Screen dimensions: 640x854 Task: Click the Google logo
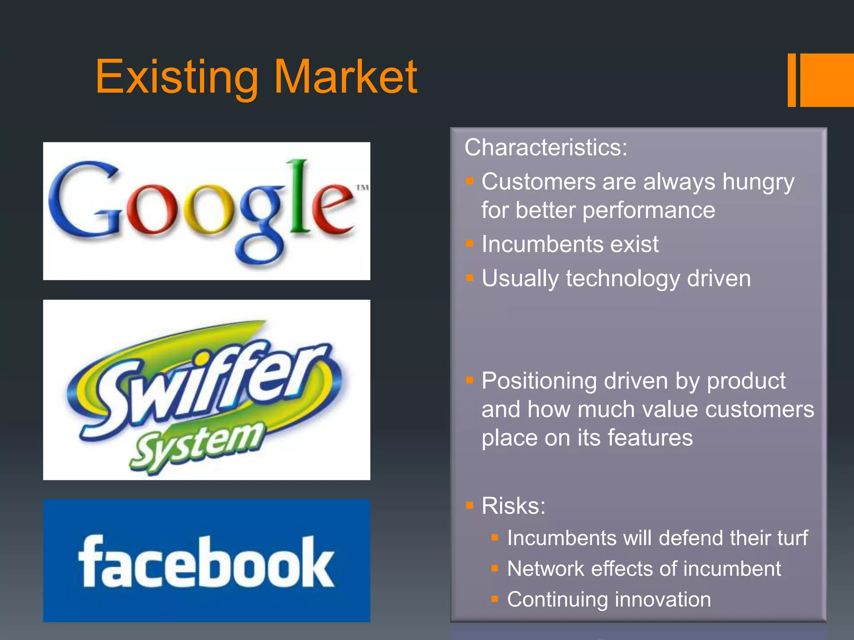click(206, 211)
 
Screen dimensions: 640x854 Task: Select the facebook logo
click(206, 561)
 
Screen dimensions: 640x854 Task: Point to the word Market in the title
click(346, 77)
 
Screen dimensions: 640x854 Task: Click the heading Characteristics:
click(546, 147)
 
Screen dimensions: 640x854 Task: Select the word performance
click(649, 210)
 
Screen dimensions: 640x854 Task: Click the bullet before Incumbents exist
click(470, 244)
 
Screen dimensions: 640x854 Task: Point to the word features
click(650, 438)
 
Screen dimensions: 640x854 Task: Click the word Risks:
click(513, 506)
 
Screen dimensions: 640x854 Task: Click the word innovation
click(663, 600)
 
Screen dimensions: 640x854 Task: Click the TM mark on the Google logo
click(362, 187)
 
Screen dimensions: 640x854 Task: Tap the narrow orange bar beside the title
click(791, 80)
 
